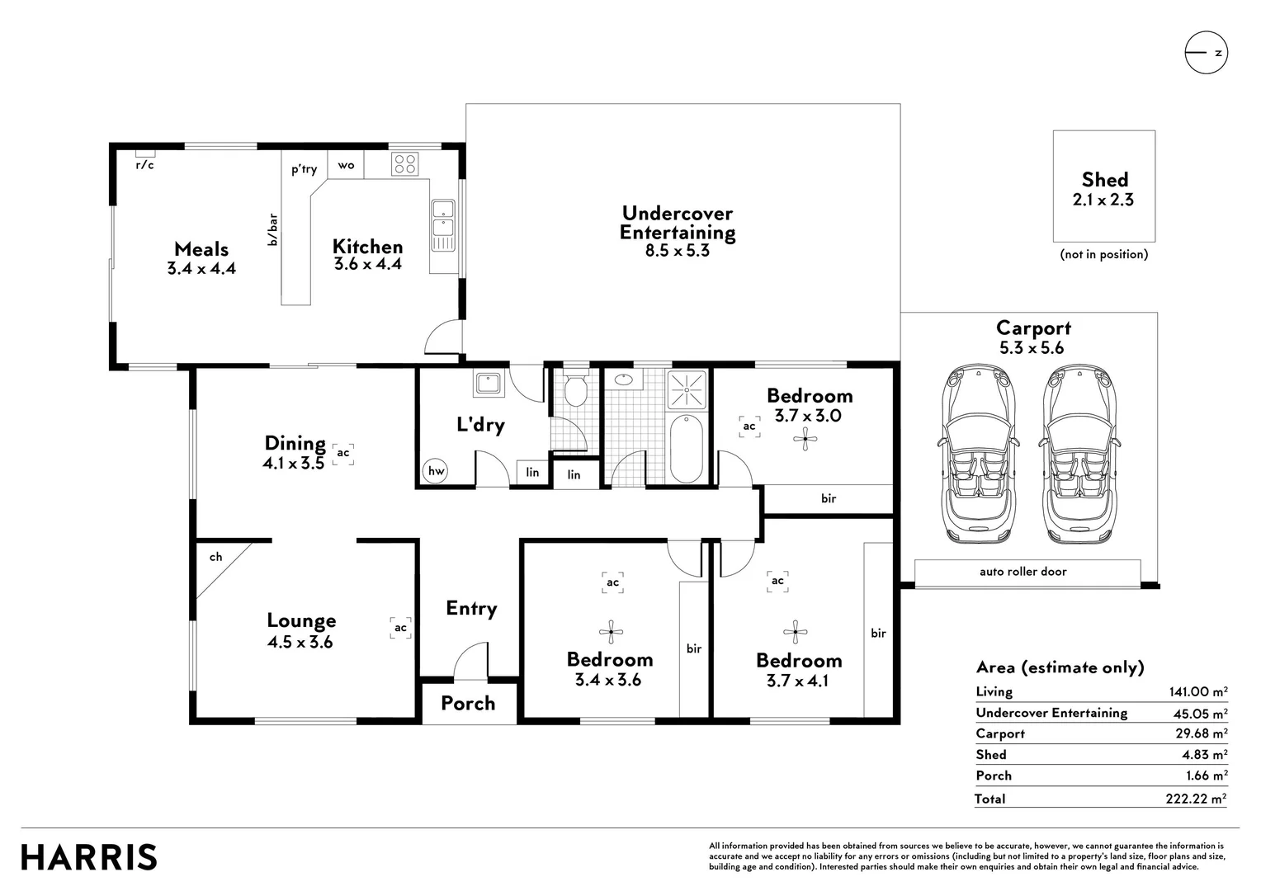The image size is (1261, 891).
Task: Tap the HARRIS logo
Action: [x=89, y=856]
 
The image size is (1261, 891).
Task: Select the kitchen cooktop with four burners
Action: [x=404, y=164]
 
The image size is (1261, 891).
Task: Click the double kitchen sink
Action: [x=444, y=225]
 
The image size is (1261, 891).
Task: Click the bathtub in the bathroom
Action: [x=687, y=449]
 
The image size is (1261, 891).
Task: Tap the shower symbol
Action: [x=687, y=389]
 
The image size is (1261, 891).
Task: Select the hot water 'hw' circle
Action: [x=435, y=471]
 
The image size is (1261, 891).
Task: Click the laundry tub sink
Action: [x=488, y=384]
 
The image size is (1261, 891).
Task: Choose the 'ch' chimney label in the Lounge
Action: [x=215, y=557]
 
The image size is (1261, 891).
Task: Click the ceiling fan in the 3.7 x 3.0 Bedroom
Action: [x=805, y=439]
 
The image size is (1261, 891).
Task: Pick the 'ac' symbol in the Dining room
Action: [x=343, y=453]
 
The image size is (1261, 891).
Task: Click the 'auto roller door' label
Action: [x=1022, y=571]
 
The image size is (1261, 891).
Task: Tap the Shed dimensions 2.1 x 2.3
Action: [x=1103, y=200]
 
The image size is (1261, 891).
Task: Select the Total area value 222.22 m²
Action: [x=1197, y=798]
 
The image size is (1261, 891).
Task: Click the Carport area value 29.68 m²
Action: [x=1200, y=733]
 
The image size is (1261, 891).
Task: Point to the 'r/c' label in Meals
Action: [x=144, y=164]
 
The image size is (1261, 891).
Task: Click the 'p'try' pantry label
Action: [x=304, y=169]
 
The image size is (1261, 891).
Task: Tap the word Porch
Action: [x=468, y=703]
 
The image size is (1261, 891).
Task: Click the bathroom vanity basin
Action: [x=623, y=379]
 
